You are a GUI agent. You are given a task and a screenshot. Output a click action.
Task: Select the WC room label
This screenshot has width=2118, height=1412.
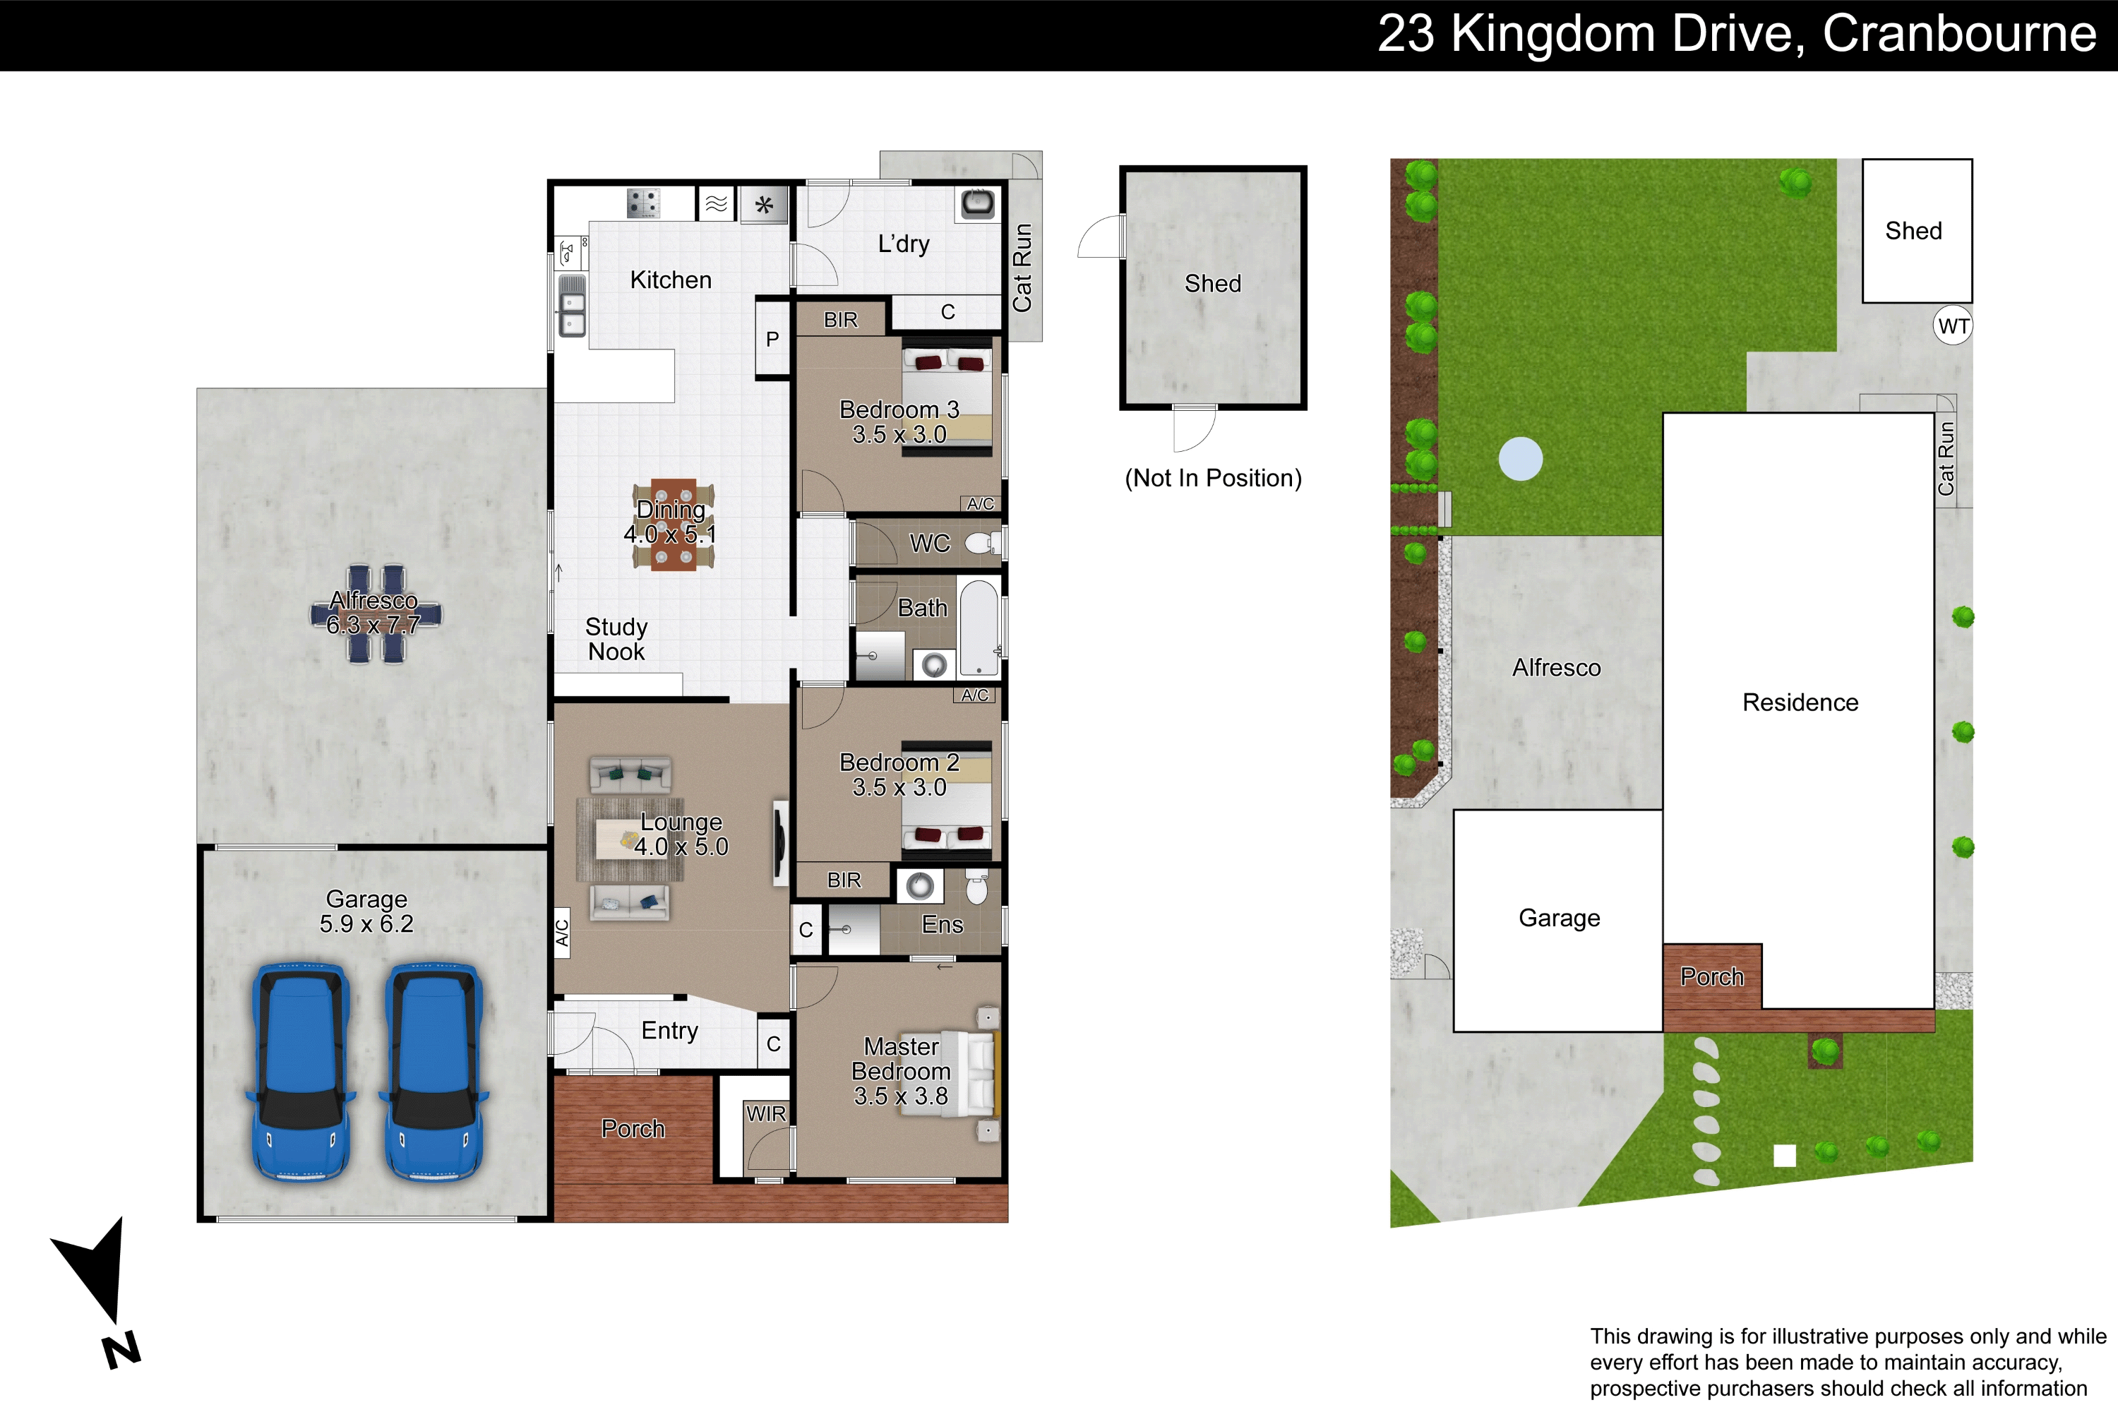click(x=929, y=543)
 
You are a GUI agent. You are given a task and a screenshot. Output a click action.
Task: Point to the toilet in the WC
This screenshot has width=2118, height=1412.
click(x=983, y=543)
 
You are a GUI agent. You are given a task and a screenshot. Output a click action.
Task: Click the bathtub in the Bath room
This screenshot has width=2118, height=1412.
click(x=979, y=628)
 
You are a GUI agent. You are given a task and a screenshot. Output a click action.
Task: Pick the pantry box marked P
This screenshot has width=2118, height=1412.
click(x=772, y=339)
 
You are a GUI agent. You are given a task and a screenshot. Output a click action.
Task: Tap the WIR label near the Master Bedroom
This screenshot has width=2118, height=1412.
click(x=765, y=1114)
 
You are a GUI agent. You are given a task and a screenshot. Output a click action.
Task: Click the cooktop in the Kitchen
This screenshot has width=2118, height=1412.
click(x=643, y=203)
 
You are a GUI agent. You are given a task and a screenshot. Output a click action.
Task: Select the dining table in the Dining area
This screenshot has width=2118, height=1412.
click(x=673, y=524)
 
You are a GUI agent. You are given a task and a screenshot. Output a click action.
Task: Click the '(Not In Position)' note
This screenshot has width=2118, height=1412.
click(x=1213, y=478)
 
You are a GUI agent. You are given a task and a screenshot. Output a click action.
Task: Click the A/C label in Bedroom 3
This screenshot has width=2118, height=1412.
click(x=981, y=503)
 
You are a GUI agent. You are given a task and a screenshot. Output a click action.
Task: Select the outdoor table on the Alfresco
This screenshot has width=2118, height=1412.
click(x=376, y=614)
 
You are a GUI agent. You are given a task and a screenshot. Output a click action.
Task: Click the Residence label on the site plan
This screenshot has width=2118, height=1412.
click(x=1800, y=702)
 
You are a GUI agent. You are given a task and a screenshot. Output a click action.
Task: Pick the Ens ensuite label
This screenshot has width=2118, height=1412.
click(x=942, y=925)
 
